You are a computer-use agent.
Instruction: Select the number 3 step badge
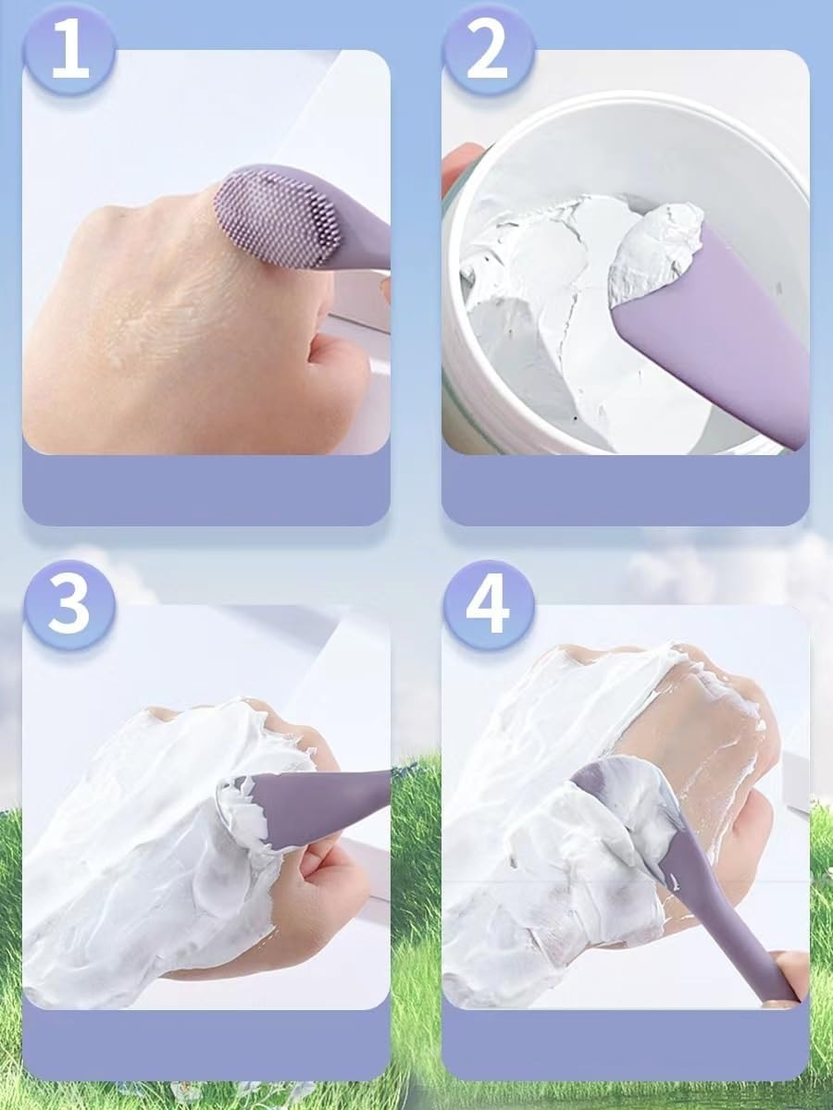[x=69, y=605]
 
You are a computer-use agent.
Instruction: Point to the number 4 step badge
[x=489, y=605]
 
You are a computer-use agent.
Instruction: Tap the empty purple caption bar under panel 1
[x=206, y=489]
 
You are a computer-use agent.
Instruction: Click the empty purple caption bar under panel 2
[x=626, y=489]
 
